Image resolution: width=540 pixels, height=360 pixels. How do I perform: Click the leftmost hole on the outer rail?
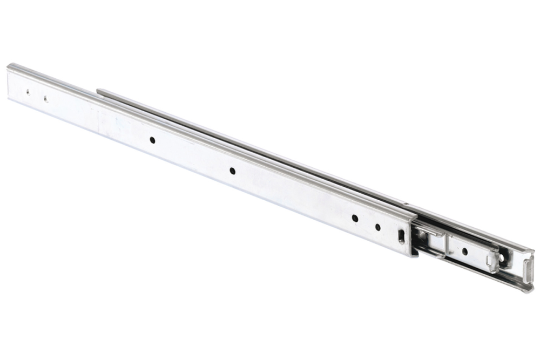pos(28,92)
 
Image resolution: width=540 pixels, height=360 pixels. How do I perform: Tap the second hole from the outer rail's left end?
pos(46,99)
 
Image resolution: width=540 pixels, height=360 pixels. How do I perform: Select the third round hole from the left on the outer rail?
pos(153,140)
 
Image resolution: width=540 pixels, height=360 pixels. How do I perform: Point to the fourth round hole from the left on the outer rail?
pos(232,171)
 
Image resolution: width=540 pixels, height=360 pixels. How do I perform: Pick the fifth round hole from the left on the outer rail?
pos(355,219)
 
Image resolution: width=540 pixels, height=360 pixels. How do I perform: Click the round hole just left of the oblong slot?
pos(377,227)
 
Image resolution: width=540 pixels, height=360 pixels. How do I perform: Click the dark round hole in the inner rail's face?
pos(464,252)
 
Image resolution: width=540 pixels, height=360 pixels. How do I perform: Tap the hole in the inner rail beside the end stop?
pos(502,257)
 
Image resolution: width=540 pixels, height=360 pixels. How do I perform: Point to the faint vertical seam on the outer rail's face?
pos(97,117)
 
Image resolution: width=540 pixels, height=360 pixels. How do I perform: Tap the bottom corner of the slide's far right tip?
pos(527,292)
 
